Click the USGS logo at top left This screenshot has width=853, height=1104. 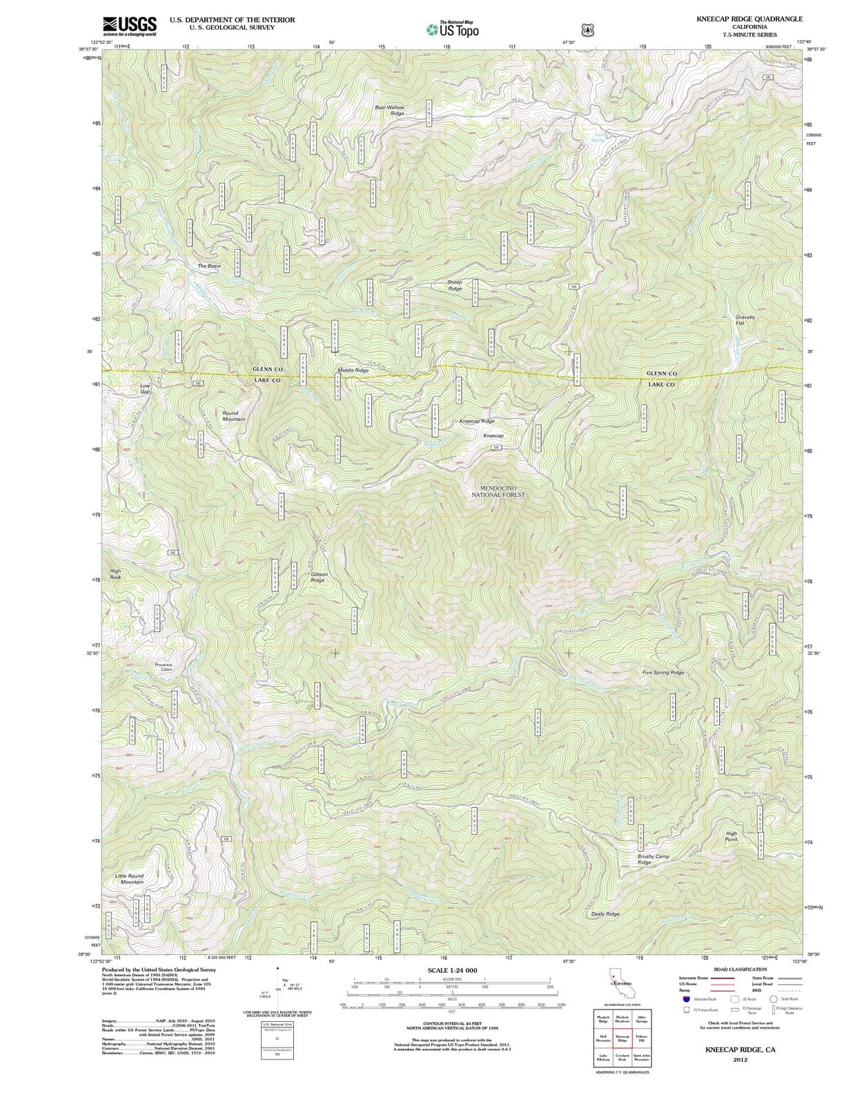(129, 26)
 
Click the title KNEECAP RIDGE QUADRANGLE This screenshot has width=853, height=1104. (749, 19)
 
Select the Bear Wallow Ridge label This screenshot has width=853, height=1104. (390, 110)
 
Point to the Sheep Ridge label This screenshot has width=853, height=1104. (455, 285)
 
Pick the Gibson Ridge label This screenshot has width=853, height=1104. (318, 577)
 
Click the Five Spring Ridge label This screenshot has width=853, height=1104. (663, 672)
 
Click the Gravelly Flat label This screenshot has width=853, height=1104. (745, 320)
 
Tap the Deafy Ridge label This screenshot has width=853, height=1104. (605, 914)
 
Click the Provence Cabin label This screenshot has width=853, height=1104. (164, 667)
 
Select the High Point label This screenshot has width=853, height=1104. (732, 836)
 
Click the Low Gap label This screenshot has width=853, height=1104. (145, 388)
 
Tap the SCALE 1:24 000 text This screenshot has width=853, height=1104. (452, 970)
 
